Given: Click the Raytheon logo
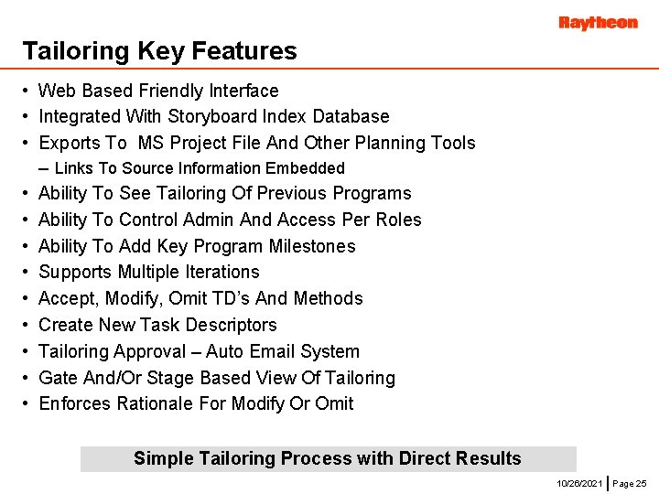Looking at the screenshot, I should click(x=598, y=23).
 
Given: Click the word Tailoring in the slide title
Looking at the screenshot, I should click(x=63, y=51).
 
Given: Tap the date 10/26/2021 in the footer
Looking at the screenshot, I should click(x=578, y=482).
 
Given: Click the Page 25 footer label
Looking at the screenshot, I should click(x=629, y=482).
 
